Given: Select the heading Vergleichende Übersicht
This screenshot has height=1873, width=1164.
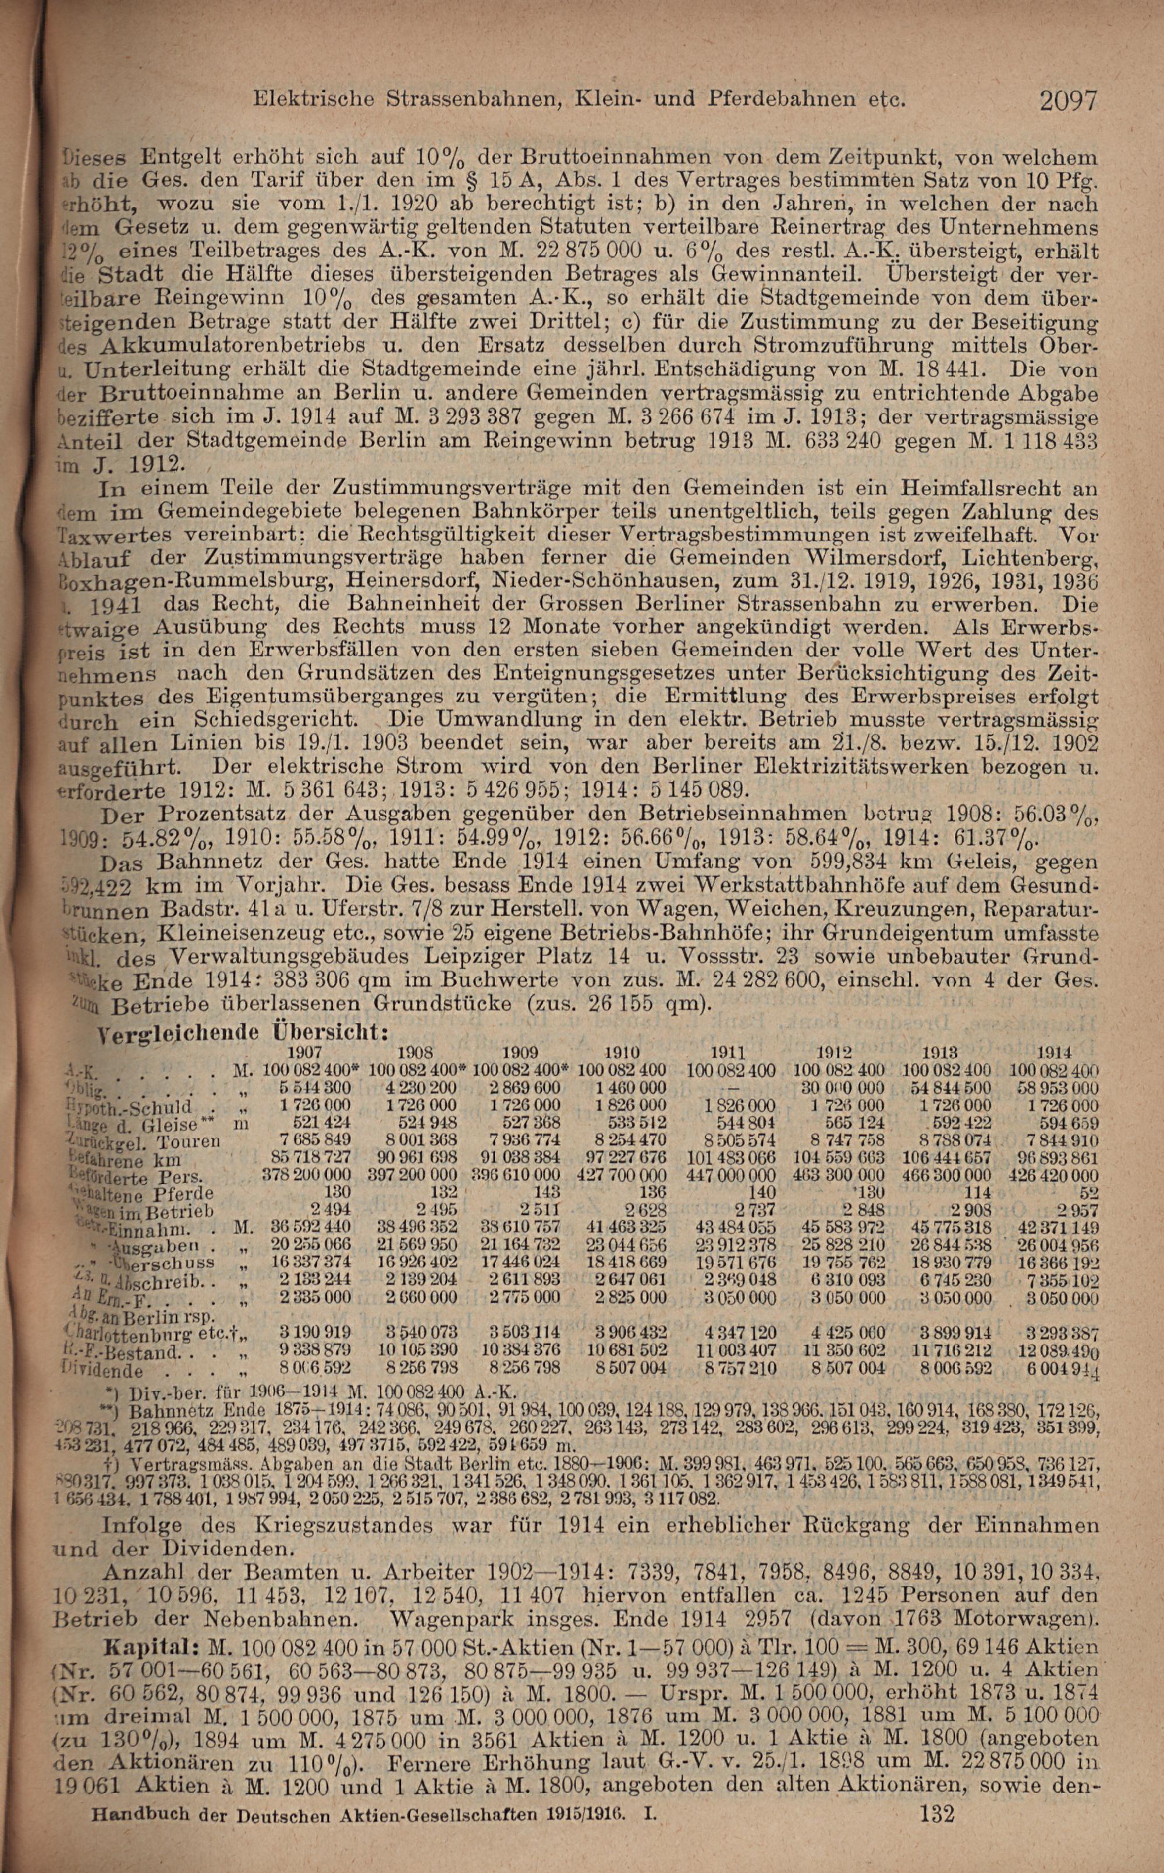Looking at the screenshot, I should click(241, 1031).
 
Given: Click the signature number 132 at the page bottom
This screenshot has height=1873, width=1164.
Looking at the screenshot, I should click(936, 1851).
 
